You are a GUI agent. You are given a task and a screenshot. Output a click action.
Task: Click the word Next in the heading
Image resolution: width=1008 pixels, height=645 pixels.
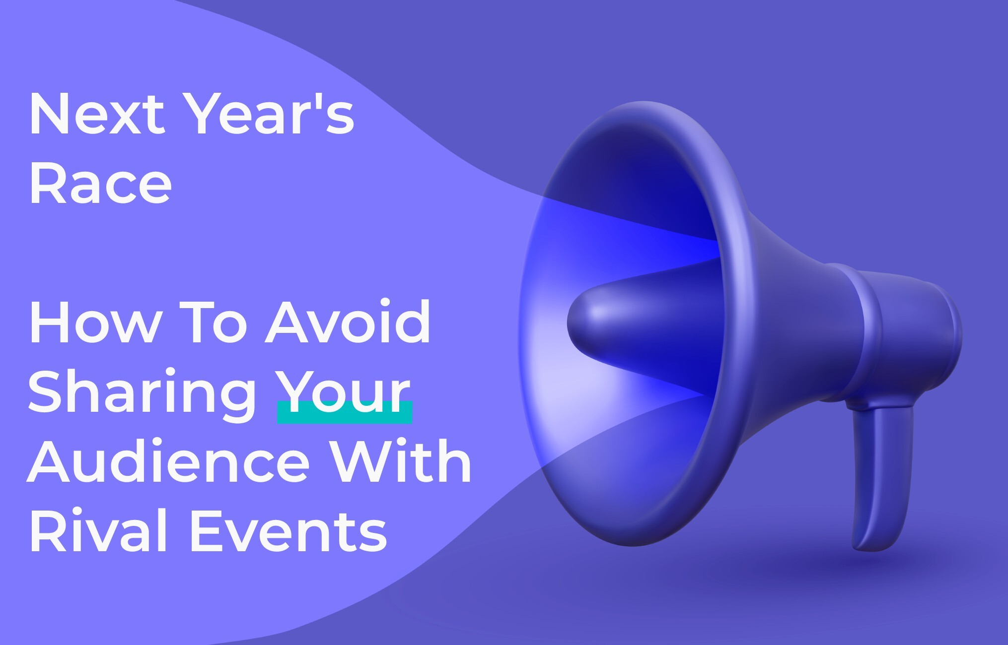click(97, 114)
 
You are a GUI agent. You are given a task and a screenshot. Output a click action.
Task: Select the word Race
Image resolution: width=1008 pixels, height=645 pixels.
click(101, 184)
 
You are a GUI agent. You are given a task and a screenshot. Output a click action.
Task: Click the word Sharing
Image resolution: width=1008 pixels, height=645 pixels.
click(142, 394)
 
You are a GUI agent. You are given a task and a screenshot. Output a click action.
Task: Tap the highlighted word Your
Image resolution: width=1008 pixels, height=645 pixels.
click(343, 391)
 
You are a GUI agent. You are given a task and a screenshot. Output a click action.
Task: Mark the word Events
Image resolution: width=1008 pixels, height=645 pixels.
click(288, 531)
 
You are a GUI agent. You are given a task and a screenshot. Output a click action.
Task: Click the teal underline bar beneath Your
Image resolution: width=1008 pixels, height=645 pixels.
click(345, 412)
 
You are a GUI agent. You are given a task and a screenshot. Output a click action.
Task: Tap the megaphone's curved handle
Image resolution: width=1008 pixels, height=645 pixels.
click(881, 476)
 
